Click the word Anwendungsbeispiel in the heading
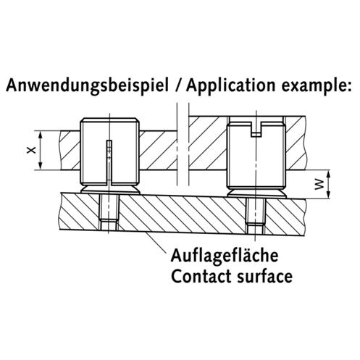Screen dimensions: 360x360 click(x=87, y=85)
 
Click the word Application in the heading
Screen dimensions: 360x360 click(x=230, y=85)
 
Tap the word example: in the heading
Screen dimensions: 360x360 click(x=317, y=86)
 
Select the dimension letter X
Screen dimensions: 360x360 click(x=31, y=151)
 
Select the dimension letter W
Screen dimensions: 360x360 click(x=319, y=185)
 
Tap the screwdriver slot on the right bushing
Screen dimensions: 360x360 click(x=256, y=130)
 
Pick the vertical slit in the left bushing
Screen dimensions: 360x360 click(x=109, y=162)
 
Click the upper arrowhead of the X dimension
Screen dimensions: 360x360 click(x=41, y=135)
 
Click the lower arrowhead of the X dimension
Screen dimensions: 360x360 click(x=41, y=166)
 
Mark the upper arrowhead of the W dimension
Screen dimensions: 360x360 click(x=328, y=174)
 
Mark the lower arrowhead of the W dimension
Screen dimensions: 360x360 click(x=328, y=195)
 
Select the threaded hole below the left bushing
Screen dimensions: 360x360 click(x=109, y=212)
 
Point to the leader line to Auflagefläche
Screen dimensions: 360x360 click(x=157, y=243)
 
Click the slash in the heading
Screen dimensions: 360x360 click(x=178, y=85)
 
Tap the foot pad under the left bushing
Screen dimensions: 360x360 click(x=110, y=190)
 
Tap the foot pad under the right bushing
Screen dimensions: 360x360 click(x=256, y=193)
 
